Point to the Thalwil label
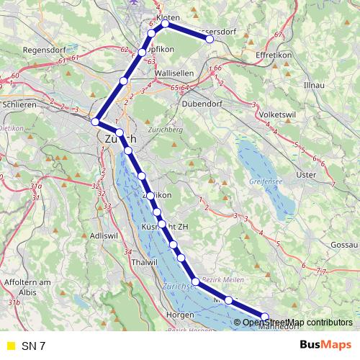pyautogui.click(x=145, y=264)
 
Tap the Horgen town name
pyautogui.click(x=179, y=315)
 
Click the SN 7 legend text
pyautogui.click(x=33, y=346)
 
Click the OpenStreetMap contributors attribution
pyautogui.click(x=297, y=323)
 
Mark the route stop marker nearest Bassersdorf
pyautogui.click(x=210, y=40)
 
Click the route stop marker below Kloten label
pyautogui.click(x=165, y=24)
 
